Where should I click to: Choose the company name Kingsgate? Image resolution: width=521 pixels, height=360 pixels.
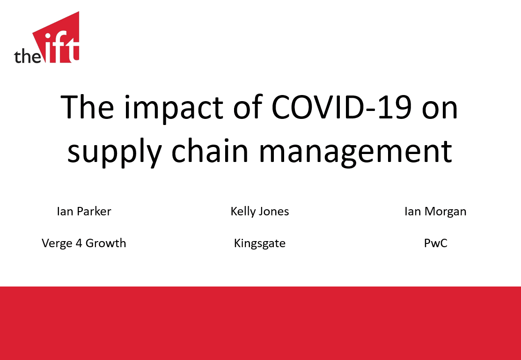pyautogui.click(x=260, y=243)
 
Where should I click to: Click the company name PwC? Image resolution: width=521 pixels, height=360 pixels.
pyautogui.click(x=435, y=243)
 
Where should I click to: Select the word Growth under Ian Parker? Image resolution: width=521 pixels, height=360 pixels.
pyautogui.click(x=106, y=243)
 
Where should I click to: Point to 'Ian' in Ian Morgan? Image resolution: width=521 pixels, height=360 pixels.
pyautogui.click(x=412, y=211)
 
